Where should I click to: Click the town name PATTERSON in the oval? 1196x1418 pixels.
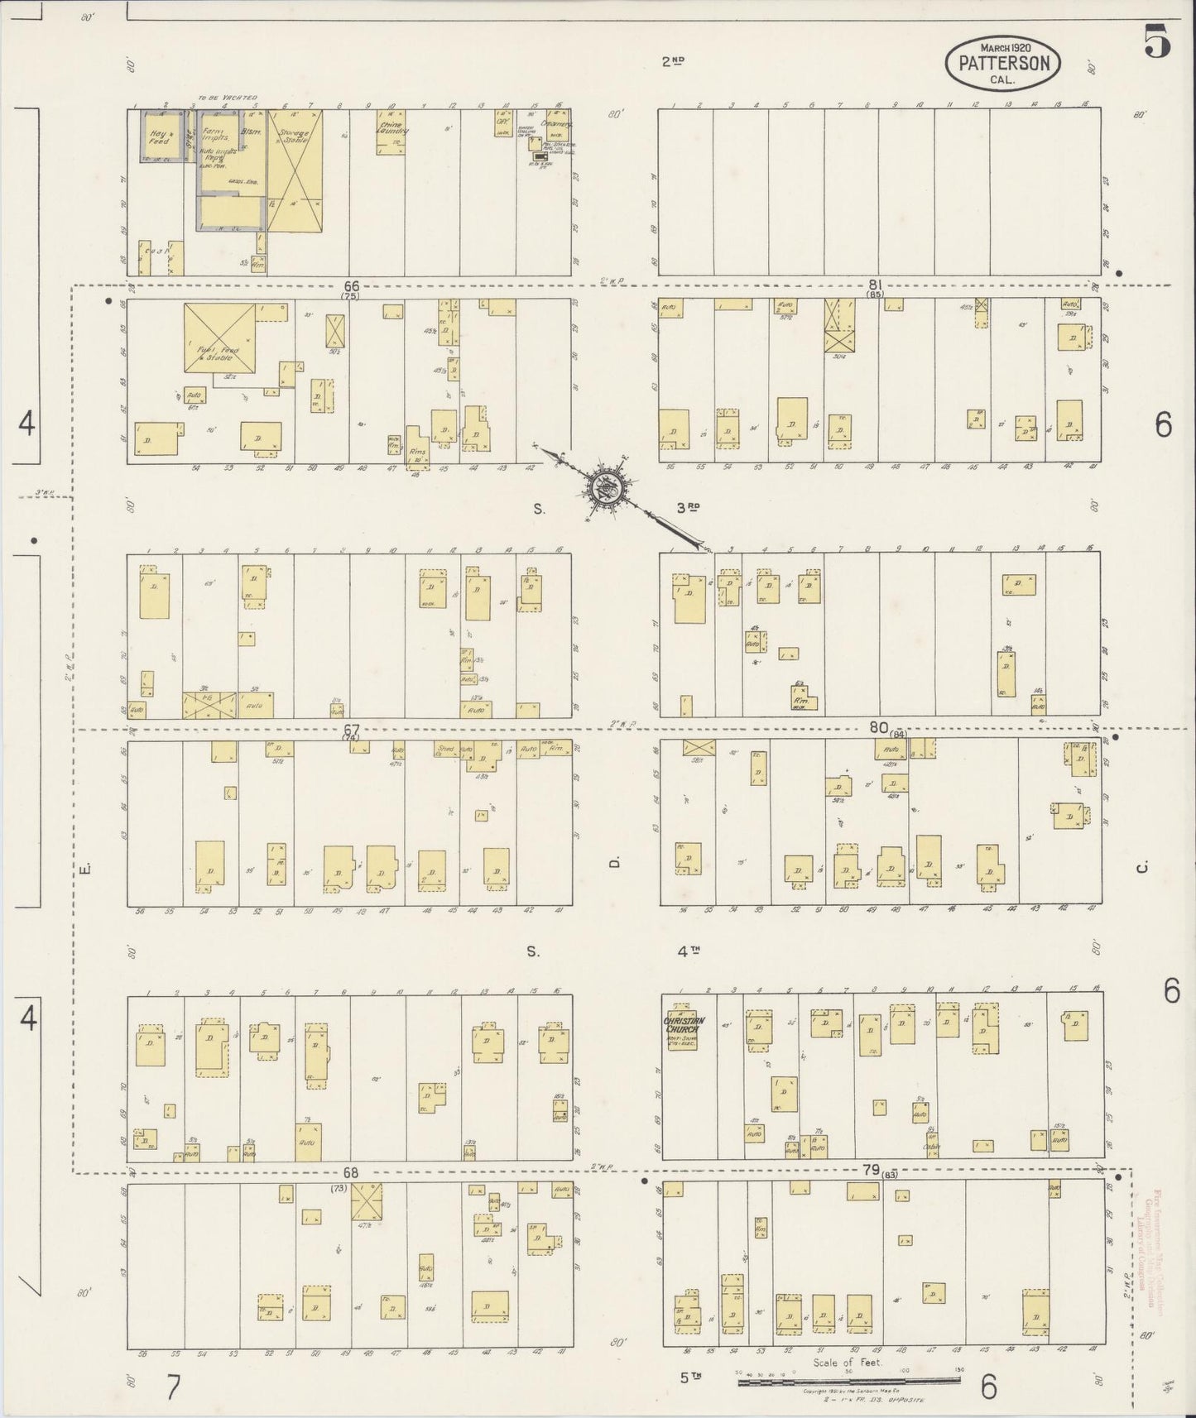tap(1003, 63)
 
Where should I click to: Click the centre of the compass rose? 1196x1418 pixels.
tap(603, 488)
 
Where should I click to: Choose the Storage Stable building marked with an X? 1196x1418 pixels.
tap(294, 170)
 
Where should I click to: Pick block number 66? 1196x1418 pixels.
tap(352, 285)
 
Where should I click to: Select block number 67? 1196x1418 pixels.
tap(352, 729)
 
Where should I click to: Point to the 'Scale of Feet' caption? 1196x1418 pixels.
tap(848, 1362)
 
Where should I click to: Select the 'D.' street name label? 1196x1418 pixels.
tap(614, 862)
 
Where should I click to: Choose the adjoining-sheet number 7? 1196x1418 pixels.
tap(172, 1387)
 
